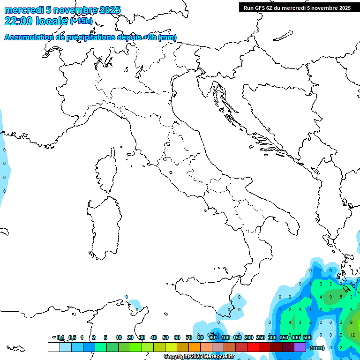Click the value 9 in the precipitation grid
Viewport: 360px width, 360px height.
[330, 297]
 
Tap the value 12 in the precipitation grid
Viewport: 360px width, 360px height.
[352, 335]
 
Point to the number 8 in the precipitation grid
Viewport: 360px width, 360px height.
[352, 322]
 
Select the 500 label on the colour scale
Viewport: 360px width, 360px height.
[307, 337]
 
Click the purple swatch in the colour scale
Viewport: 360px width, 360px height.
[300, 347]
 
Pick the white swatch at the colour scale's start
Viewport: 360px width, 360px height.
[54, 347]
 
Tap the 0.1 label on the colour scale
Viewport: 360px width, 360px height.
[60, 337]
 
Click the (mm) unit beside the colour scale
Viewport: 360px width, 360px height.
[317, 348]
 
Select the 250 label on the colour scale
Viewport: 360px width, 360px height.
[261, 337]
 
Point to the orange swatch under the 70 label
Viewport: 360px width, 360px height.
[195, 347]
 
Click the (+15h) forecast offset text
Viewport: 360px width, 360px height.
[81, 21]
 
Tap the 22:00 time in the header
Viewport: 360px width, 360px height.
[19, 21]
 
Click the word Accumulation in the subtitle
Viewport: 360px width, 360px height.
[29, 37]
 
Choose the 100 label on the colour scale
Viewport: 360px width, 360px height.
[225, 337]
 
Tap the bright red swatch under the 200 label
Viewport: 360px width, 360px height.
[253, 347]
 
